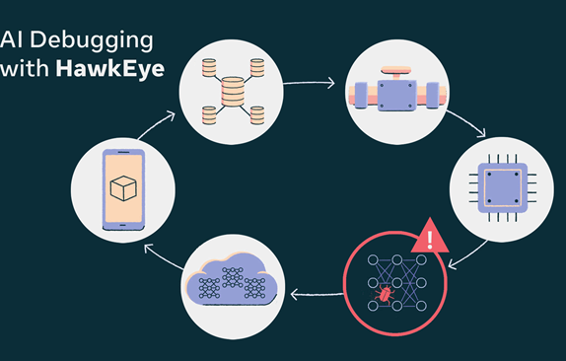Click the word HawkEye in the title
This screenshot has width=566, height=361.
[110, 69]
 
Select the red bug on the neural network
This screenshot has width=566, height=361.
[385, 292]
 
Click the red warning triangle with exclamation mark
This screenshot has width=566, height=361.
[430, 236]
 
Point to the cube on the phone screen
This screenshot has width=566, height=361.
[123, 188]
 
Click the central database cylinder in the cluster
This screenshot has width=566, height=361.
[233, 92]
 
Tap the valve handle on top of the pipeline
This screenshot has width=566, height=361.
[396, 72]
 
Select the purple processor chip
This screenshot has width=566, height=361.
[503, 188]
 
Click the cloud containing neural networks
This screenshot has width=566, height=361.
[232, 279]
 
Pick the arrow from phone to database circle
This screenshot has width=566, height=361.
[156, 125]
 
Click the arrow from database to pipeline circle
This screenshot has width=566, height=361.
[309, 83]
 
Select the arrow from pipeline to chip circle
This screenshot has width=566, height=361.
[467, 122]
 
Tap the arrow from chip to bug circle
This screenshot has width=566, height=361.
[468, 255]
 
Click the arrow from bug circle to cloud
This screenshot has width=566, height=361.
[317, 294]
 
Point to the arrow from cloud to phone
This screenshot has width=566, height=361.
[163, 256]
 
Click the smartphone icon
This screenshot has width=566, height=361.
[123, 189]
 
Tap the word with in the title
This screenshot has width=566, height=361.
[25, 68]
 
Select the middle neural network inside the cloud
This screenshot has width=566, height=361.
[233, 277]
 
